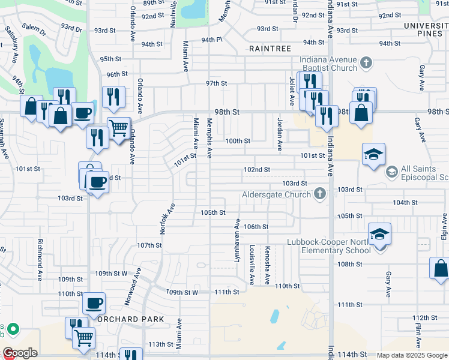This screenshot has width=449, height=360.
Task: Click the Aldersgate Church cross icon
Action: pos(320,194)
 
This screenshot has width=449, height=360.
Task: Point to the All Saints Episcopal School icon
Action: pos(392,173)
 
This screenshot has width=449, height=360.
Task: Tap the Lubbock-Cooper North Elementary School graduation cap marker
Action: pos(379,233)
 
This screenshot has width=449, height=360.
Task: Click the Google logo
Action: pos(20,353)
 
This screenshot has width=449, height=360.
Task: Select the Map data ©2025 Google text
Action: pos(411,355)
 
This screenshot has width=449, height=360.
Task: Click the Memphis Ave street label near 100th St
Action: pos(209,138)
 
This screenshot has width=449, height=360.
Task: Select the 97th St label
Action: pos(215,83)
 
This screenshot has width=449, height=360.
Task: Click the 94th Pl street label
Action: pos(211,40)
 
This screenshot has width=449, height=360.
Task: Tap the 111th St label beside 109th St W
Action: pos(227,292)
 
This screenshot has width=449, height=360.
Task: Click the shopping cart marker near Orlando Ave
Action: pos(119,128)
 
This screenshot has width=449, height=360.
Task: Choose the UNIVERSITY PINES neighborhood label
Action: pos(426,30)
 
